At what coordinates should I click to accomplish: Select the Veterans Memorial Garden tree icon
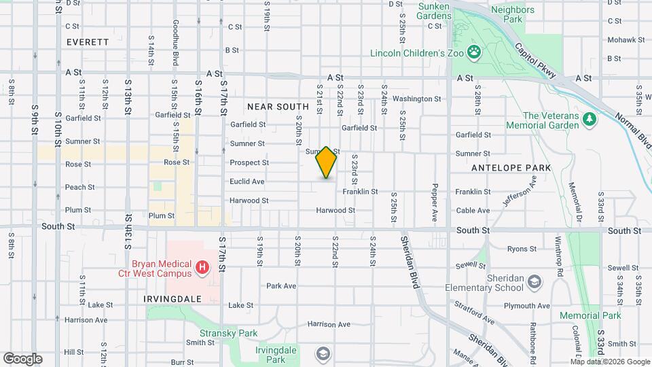click(589, 120)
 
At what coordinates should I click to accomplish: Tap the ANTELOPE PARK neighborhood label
click(502, 167)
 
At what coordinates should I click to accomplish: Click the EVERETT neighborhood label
click(88, 42)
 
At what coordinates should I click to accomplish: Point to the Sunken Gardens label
click(434, 10)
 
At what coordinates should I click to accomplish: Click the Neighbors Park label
click(513, 15)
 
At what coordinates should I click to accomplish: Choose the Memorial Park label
click(590, 316)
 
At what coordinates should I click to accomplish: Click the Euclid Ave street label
click(247, 181)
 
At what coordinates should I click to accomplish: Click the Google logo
click(22, 359)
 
